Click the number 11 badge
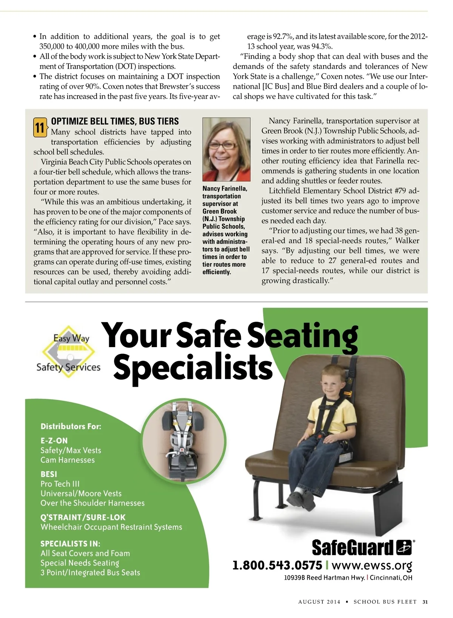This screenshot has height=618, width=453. coord(40,128)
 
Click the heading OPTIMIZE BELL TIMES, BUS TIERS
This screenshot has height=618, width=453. coord(115,121)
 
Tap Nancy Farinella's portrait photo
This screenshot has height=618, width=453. coord(226,149)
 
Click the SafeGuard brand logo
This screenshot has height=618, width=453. coord(361,547)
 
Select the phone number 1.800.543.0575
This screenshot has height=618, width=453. coord(277,565)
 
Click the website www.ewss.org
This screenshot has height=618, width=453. coord(371,565)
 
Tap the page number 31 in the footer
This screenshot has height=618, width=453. coord(425,602)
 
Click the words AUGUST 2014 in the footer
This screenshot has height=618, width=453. coord(319,602)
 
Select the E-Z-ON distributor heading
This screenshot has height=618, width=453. coord(54,440)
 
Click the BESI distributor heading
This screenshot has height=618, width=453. coord(49,474)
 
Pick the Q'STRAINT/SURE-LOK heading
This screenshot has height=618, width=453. coord(83,517)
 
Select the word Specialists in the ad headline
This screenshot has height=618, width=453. coord(193,367)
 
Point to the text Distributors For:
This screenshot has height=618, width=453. coord(71,426)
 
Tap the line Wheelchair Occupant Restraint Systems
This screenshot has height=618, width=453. coord(111,527)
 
